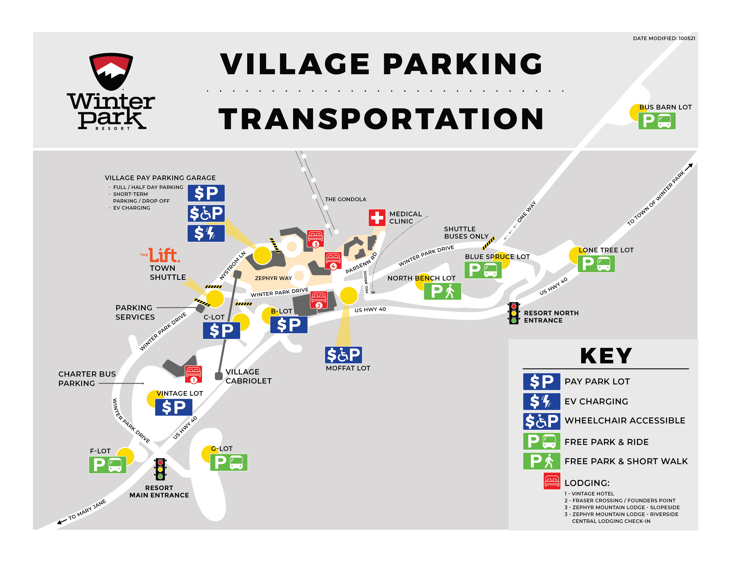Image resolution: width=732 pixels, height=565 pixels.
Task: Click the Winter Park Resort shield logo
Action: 111,71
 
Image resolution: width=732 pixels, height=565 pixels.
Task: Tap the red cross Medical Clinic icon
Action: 377,218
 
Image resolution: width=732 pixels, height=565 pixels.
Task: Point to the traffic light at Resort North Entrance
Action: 514,313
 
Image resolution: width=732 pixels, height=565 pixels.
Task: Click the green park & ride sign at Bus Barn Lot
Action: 657,121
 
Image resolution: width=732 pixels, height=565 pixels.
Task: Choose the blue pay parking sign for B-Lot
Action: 288,325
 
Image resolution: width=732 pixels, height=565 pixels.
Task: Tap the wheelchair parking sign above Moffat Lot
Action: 343,355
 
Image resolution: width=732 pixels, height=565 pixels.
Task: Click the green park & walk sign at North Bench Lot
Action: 442,291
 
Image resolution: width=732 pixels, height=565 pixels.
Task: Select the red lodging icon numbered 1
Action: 193,374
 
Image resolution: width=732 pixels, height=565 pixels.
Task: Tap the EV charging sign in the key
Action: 541,401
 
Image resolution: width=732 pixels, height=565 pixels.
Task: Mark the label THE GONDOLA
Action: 345,199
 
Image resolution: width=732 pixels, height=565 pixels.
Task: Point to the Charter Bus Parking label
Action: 87,378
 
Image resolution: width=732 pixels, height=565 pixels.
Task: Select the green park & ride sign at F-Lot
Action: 107,465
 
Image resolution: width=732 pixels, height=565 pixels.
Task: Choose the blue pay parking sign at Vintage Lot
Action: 173,407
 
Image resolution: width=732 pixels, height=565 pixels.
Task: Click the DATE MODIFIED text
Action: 664,38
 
